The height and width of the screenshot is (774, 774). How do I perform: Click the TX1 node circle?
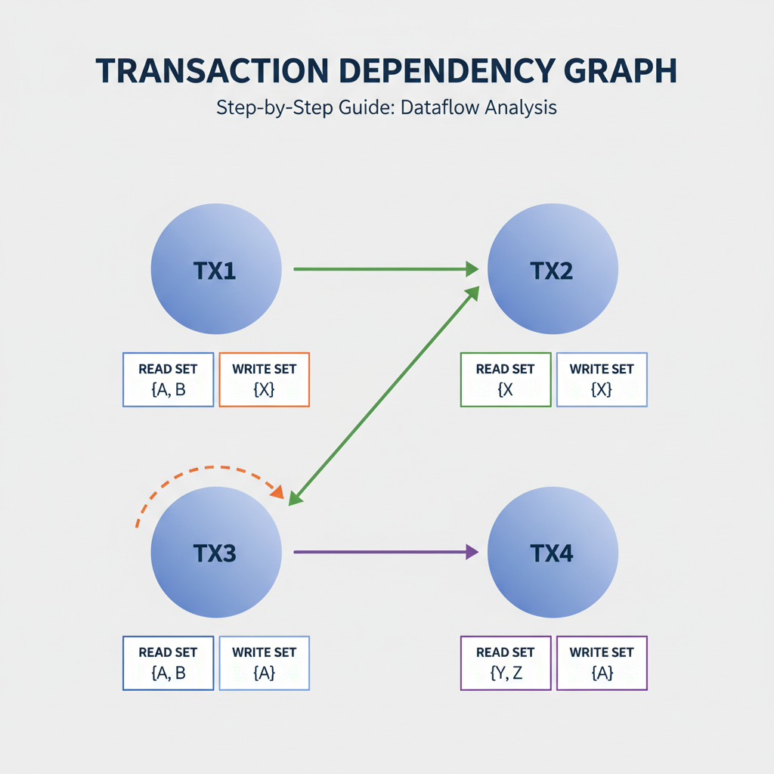click(216, 269)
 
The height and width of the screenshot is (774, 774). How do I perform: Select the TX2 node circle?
click(553, 269)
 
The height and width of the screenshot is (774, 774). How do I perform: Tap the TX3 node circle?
click(216, 553)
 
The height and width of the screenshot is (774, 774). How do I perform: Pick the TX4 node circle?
click(553, 553)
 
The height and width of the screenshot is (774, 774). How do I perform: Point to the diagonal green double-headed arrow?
click(385, 393)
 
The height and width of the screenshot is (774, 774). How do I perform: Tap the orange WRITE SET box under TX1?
click(264, 379)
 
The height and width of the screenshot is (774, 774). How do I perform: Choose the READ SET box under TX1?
click(168, 379)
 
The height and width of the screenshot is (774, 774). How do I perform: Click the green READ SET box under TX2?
click(505, 379)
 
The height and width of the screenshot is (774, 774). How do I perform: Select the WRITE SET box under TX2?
click(602, 379)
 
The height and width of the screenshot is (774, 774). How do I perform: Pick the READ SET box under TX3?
click(168, 663)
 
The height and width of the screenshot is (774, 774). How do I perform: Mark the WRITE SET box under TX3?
click(264, 663)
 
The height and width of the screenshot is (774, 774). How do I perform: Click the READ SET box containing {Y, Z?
click(505, 663)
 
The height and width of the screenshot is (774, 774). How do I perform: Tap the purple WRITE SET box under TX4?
click(602, 663)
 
